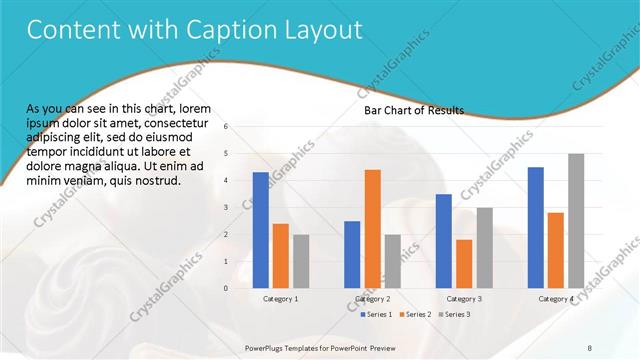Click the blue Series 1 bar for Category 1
(261, 230)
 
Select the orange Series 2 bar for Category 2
(372, 229)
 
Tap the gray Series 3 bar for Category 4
(576, 221)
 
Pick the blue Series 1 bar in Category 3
(444, 241)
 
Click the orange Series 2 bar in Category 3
(464, 264)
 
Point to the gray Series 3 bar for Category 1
(301, 261)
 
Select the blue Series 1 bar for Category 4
(536, 227)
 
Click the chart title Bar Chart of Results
(414, 111)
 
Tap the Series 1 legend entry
(377, 315)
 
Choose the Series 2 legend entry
(415, 315)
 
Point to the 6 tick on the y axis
(227, 127)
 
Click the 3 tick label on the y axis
(227, 208)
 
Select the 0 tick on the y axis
(227, 289)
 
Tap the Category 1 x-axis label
(281, 299)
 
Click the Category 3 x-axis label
(464, 299)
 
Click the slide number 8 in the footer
(590, 348)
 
